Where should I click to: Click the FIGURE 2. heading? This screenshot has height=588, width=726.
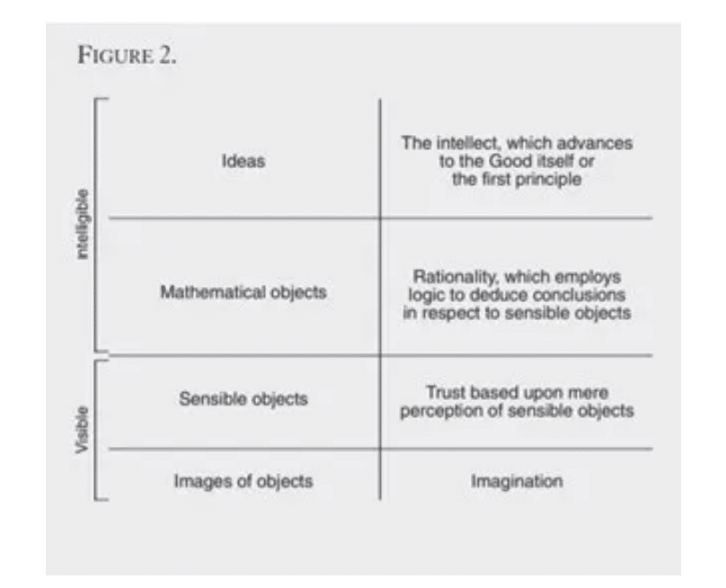click(x=127, y=55)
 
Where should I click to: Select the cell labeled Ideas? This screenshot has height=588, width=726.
click(x=243, y=161)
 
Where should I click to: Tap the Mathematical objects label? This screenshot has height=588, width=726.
click(x=243, y=292)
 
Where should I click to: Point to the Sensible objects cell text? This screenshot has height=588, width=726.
click(x=243, y=399)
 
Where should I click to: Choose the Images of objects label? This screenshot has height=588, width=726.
click(x=243, y=481)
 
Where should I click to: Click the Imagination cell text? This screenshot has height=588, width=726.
click(x=517, y=481)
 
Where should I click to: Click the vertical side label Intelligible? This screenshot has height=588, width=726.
click(x=82, y=224)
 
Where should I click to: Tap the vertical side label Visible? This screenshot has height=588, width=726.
click(x=82, y=430)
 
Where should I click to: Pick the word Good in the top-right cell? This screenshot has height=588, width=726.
click(x=510, y=161)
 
